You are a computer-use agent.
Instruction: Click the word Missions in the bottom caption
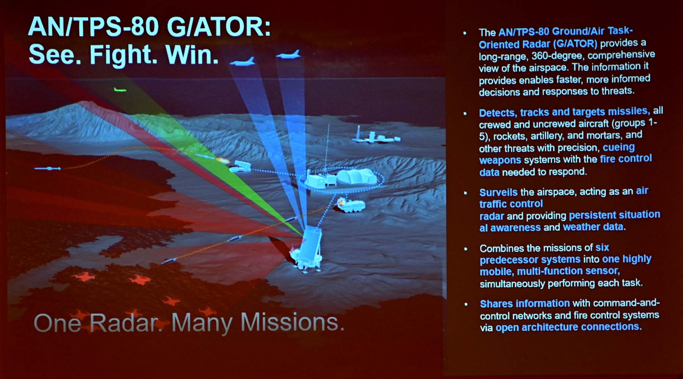pyautogui.click(x=293, y=322)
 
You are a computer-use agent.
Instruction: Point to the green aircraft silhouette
pyautogui.click(x=120, y=90)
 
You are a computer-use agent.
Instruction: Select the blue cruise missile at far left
pyautogui.click(x=47, y=168)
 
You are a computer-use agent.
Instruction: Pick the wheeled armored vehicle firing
pyautogui.click(x=352, y=205)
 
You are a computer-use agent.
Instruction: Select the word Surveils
pyautogui.click(x=498, y=193)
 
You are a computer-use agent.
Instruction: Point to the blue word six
pyautogui.click(x=602, y=248)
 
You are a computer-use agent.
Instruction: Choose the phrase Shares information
pyautogui.click(x=525, y=304)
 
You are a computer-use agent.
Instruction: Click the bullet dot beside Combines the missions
pyautogui.click(x=466, y=249)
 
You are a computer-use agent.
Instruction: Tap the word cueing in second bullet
pyautogui.click(x=618, y=147)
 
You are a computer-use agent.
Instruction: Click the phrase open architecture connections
pyautogui.click(x=568, y=327)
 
